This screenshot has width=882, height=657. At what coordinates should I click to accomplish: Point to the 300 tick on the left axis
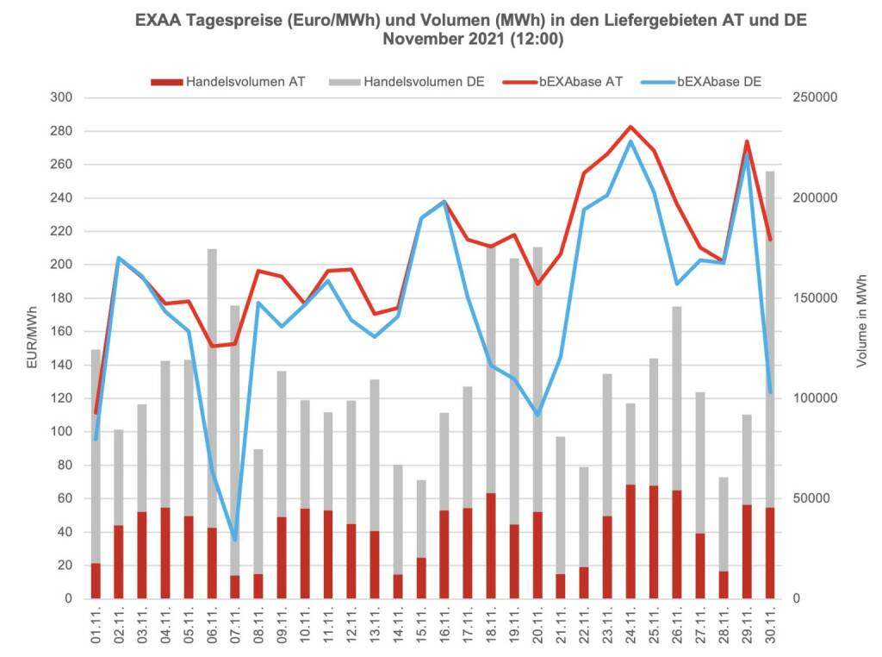coord(61,97)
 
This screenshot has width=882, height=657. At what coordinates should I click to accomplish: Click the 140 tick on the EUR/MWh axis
coord(61,365)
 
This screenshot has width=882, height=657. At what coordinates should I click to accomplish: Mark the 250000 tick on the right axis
coord(815,97)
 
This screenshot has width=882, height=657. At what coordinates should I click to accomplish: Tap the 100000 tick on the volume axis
coord(815,398)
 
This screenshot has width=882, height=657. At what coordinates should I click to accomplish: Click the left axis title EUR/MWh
coord(31,337)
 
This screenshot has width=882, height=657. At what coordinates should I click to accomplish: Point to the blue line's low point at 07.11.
coord(235,540)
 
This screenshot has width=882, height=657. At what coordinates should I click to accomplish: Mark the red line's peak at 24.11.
coord(630,127)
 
